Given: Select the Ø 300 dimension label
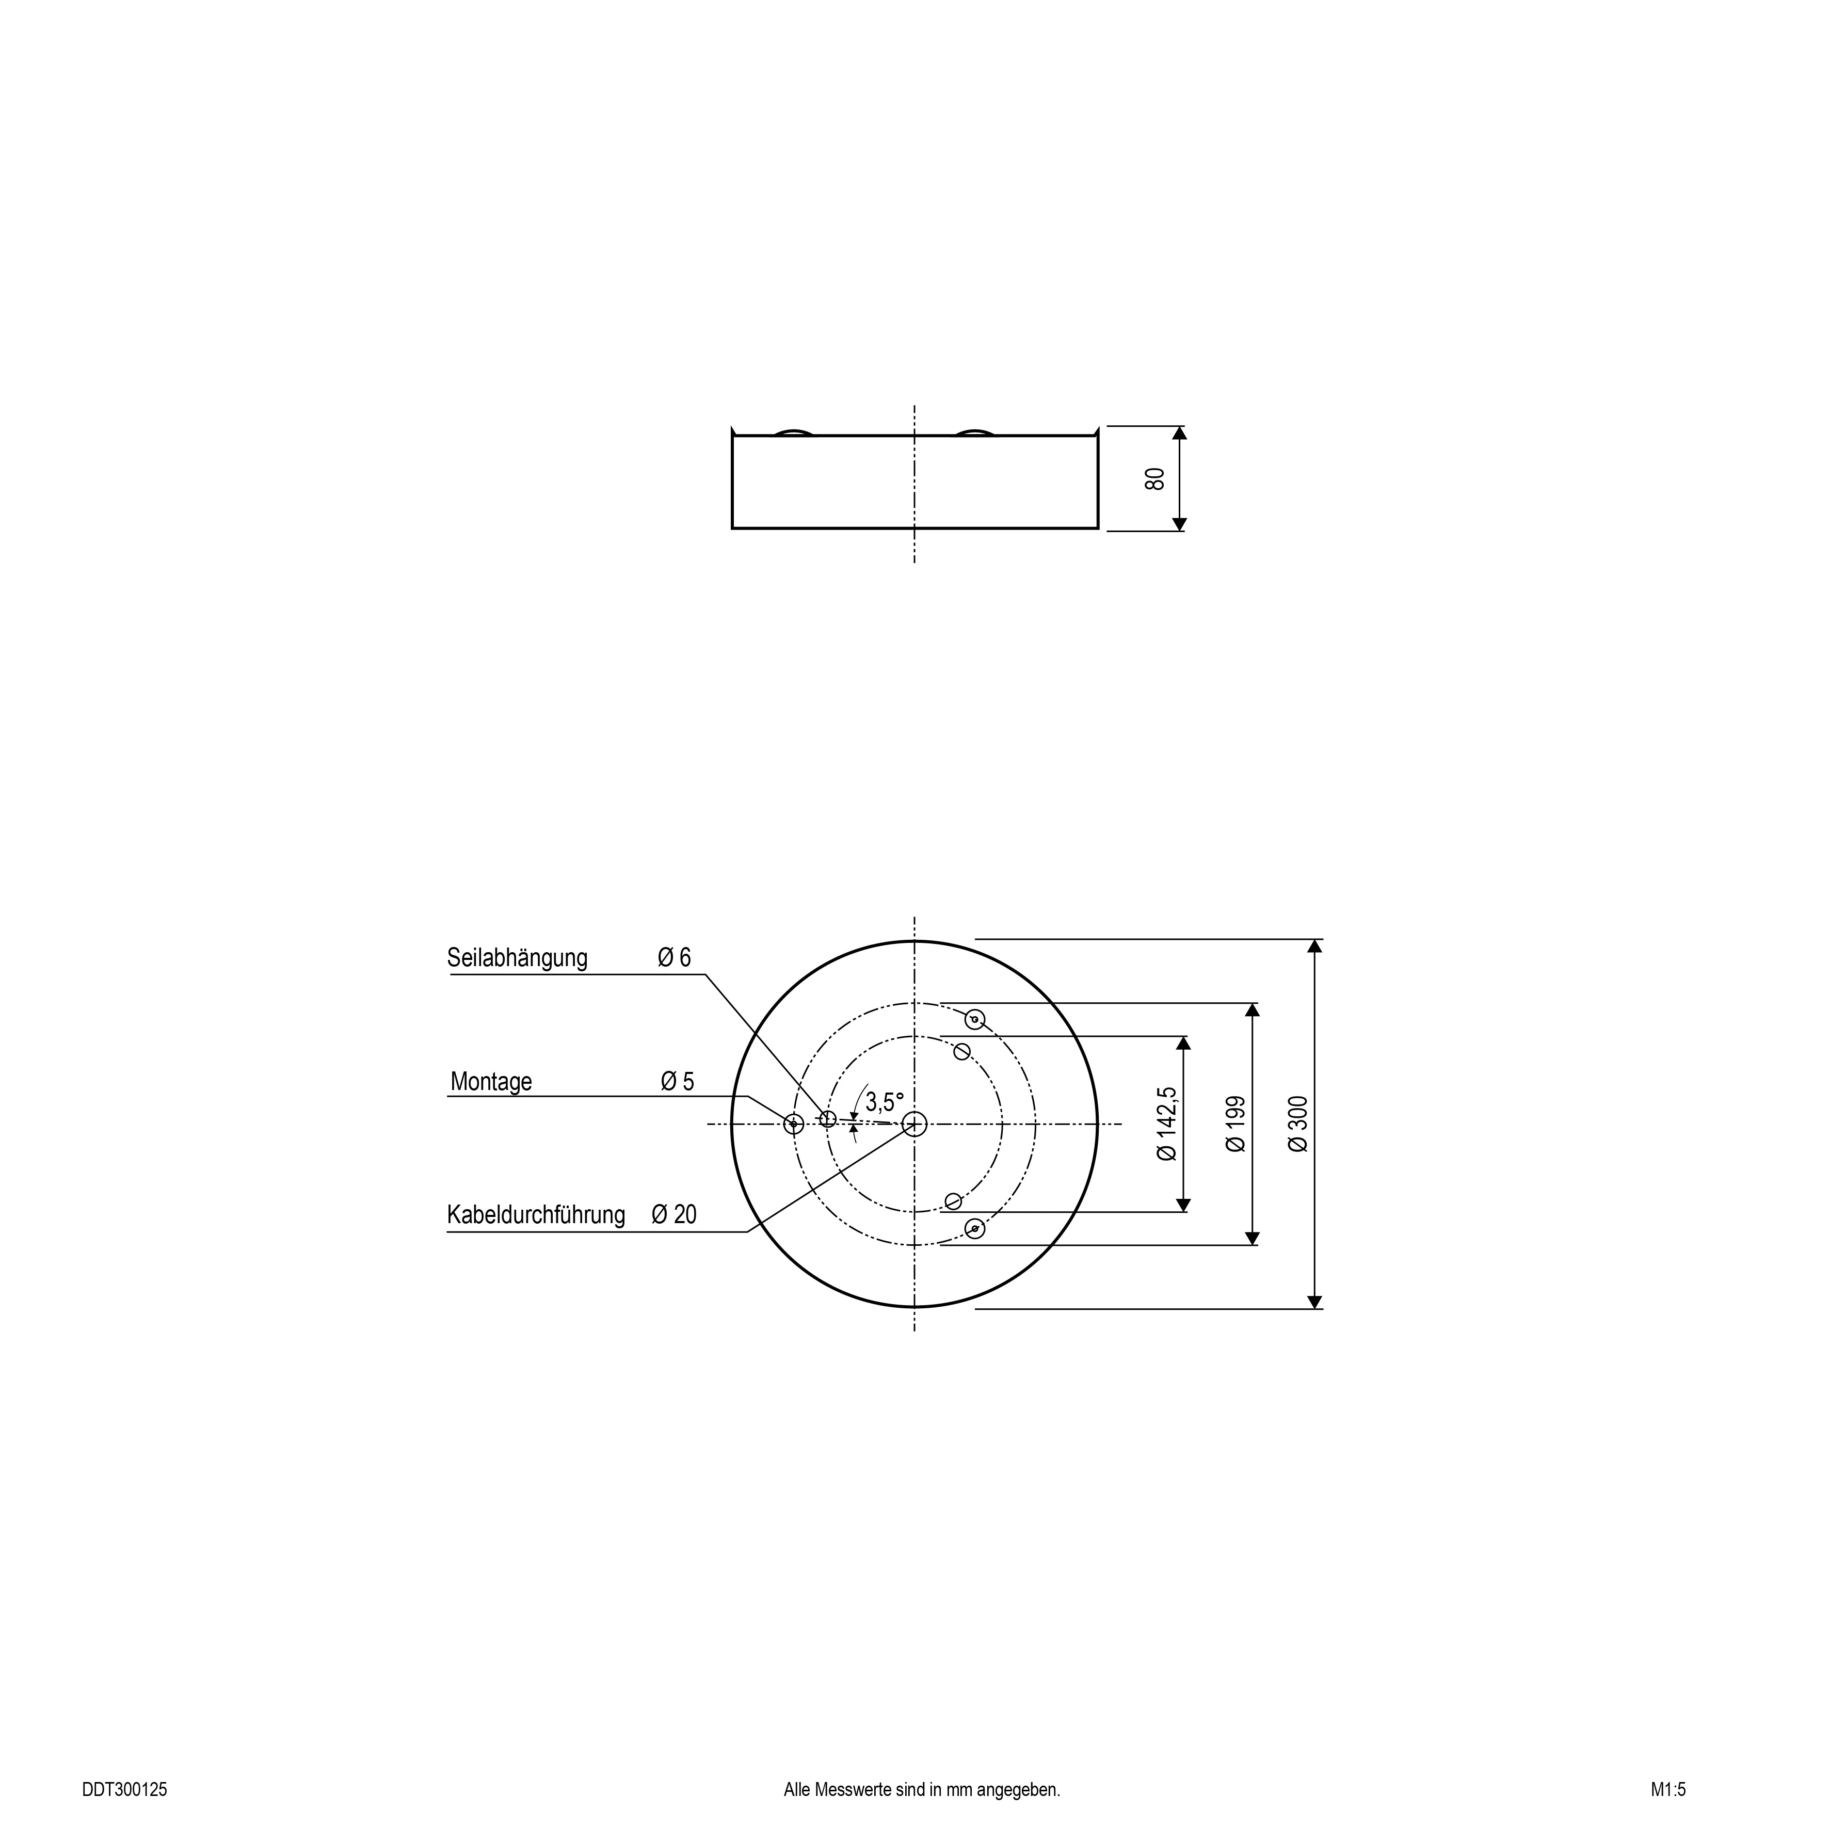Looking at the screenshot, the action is pos(1298,1124).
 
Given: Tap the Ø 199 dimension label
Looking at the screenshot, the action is pos(1236,1124).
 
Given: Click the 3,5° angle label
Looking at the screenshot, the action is pos(884,1102).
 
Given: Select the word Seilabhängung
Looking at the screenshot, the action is pos(517,958).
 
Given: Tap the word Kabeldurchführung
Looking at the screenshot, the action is pos(536,1214).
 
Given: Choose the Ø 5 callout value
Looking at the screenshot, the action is pos(678,1081).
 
